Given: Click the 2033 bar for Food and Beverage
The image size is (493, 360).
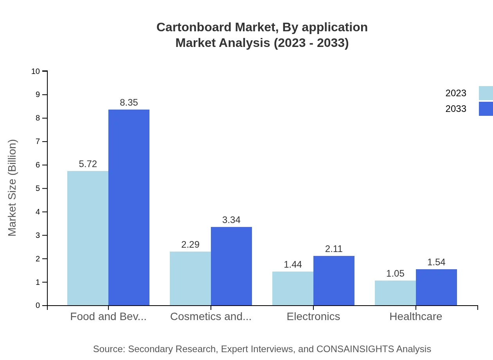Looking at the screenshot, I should [129, 207].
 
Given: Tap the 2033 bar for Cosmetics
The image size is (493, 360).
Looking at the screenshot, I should [231, 266].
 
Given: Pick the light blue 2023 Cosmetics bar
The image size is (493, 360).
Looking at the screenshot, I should [190, 278].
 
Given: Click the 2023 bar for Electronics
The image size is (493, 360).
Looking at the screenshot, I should [293, 288].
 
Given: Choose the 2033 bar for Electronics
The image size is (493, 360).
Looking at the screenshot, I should [334, 281].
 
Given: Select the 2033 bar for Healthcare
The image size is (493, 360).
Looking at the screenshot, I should [436, 287].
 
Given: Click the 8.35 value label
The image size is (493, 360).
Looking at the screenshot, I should [129, 103].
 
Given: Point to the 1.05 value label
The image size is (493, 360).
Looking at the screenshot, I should [395, 274].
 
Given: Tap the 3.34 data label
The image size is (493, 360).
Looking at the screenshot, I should [231, 220].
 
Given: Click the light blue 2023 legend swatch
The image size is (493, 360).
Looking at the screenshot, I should [486, 93].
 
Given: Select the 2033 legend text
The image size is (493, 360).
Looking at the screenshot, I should [456, 109].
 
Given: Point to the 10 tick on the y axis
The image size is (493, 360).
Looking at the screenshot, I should [36, 71].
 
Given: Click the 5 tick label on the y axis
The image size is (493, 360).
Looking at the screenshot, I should [38, 189].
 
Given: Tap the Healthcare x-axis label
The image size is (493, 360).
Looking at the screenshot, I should [416, 316].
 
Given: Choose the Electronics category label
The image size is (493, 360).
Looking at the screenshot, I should [313, 316].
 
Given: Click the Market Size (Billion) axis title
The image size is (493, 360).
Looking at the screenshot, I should [12, 188].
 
